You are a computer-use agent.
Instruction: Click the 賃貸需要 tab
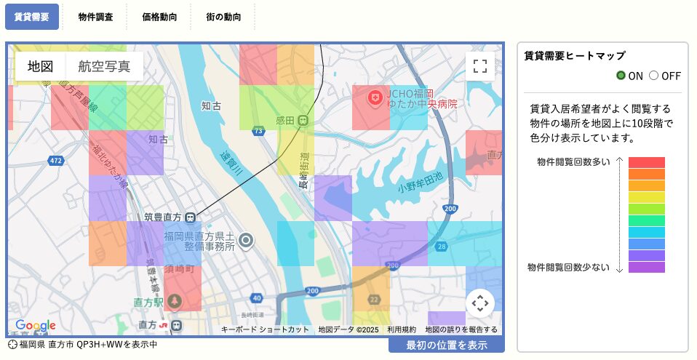(31, 16)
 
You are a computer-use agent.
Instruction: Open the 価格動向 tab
(159, 16)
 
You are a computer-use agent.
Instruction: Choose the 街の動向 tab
(223, 16)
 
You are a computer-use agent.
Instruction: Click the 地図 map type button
(41, 66)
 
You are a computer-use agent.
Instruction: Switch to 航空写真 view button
(104, 66)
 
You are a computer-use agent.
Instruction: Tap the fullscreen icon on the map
(479, 66)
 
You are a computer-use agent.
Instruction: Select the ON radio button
(621, 76)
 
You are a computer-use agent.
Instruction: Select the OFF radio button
(653, 76)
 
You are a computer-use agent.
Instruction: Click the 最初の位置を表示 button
(446, 345)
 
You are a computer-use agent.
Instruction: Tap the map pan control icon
(479, 303)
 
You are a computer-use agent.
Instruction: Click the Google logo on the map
(35, 325)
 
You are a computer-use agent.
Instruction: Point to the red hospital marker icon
(375, 97)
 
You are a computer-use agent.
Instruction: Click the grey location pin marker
(247, 241)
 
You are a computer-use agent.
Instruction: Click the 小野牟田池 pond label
(421, 188)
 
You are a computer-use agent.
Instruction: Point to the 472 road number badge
(56, 159)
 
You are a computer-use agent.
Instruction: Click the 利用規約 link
(402, 329)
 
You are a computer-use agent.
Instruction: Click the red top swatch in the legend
(646, 162)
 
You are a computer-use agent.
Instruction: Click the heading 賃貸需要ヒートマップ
(575, 56)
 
